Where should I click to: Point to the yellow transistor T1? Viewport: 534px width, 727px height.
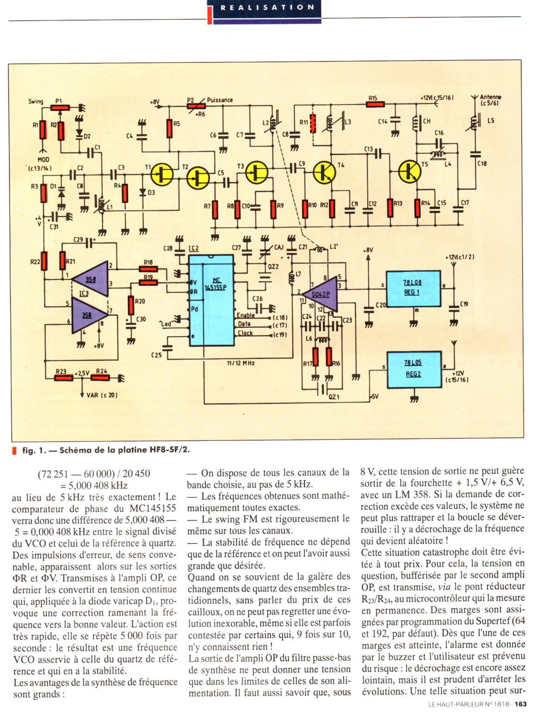(x=162, y=175)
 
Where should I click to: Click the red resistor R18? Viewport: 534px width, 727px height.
(x=148, y=268)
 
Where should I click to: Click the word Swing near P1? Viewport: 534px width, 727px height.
(x=36, y=102)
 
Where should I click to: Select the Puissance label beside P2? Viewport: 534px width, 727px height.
(x=220, y=100)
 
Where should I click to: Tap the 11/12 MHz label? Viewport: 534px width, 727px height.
(x=241, y=363)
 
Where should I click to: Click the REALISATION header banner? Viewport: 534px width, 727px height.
(x=267, y=8)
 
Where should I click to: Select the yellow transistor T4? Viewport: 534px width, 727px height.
(x=324, y=172)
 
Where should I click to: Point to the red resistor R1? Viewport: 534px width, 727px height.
(x=43, y=130)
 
